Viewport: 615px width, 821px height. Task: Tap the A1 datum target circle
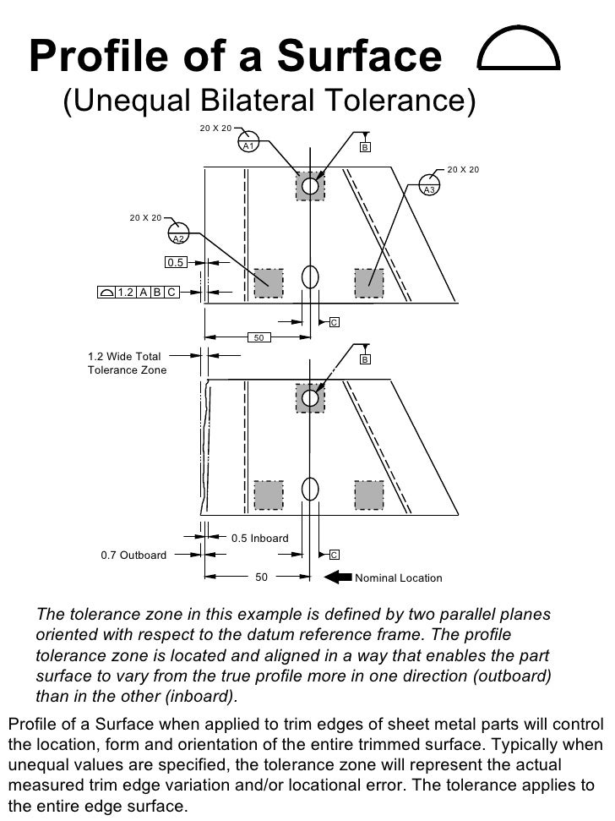click(248, 143)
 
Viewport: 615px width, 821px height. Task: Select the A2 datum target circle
click(178, 233)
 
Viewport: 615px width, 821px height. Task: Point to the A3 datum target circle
click(429, 185)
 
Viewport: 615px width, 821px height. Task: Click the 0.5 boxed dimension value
click(176, 263)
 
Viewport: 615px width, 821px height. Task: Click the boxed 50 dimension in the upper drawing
click(259, 338)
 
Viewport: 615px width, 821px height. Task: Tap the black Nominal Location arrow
click(338, 577)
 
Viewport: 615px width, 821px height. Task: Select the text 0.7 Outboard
click(133, 556)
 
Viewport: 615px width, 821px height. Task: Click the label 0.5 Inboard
click(259, 538)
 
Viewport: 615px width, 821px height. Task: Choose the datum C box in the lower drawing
click(334, 555)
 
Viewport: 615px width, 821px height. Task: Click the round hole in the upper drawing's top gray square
click(310, 186)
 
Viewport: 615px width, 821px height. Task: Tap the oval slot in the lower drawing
click(310, 489)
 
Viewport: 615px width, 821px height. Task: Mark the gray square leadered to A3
click(368, 282)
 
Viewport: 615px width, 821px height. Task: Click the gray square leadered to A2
click(269, 282)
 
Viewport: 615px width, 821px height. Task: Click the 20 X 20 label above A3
click(463, 170)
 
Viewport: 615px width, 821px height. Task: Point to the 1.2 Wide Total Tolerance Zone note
click(128, 364)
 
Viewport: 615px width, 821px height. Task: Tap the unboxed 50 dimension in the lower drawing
click(261, 577)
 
